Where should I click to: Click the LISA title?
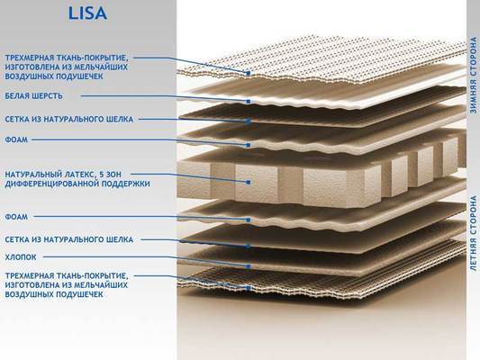[87, 13]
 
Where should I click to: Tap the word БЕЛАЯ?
[16, 96]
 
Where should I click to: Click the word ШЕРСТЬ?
[47, 96]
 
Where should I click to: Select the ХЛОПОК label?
[21, 257]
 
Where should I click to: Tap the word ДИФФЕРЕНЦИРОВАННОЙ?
[51, 184]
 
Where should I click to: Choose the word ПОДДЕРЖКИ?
[125, 184]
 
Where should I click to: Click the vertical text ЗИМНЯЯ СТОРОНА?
[474, 76]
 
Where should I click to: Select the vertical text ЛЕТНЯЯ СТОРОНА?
[474, 233]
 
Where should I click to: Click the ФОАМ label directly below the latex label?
[16, 217]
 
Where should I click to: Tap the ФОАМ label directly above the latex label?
[16, 139]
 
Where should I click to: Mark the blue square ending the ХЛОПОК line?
[249, 266]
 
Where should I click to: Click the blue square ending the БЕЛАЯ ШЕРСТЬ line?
[249, 101]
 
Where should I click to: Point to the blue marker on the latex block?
[249, 183]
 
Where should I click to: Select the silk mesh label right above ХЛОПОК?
[68, 239]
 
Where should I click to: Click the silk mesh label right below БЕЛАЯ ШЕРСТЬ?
[68, 119]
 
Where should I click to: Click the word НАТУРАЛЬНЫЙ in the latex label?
[34, 175]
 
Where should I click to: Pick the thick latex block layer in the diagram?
[319, 177]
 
